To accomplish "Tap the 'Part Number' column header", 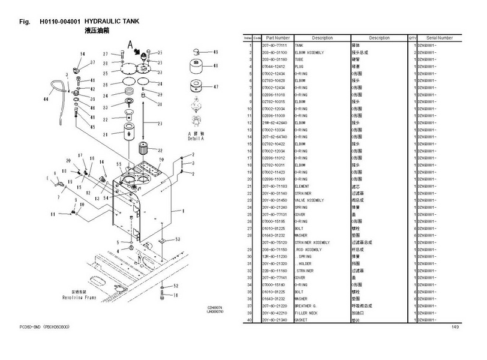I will [x=278, y=38].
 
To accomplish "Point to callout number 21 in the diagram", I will [x=106, y=136].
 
